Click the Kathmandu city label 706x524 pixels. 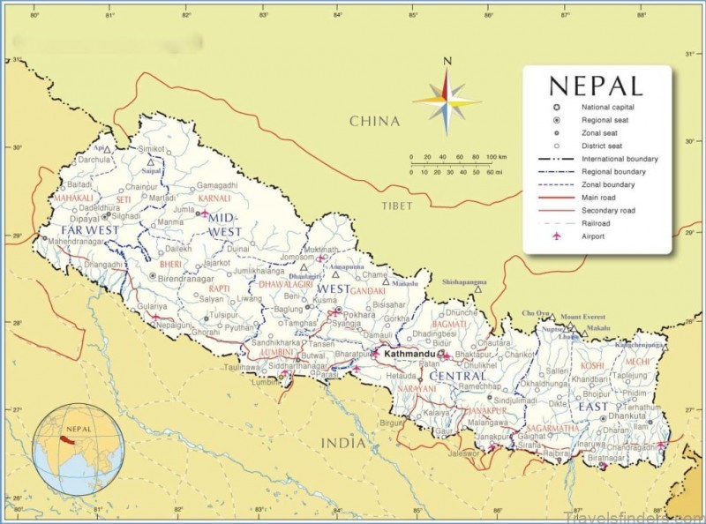409,353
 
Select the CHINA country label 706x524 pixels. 373,121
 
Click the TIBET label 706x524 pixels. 397,205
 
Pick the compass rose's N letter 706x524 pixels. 447,61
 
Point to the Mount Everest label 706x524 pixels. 583,317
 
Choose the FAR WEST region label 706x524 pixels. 90,229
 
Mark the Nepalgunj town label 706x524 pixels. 174,325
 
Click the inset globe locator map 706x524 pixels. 78,448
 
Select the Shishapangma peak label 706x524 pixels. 463,281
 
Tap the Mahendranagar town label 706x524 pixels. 77,240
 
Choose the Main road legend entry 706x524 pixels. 600,198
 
